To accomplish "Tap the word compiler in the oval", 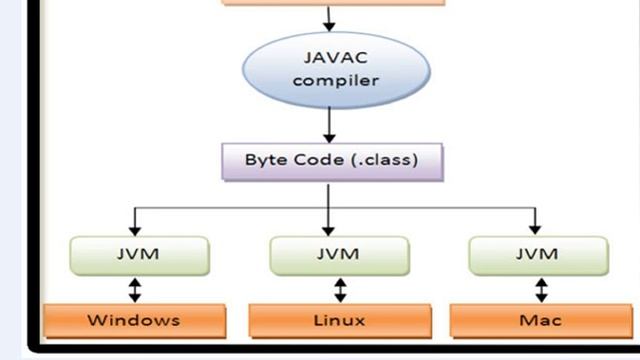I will pyautogui.click(x=336, y=81).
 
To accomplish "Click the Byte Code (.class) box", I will pyautogui.click(x=332, y=160).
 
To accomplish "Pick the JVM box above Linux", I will pyautogui.click(x=337, y=255).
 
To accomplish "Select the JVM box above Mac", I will pyautogui.click(x=537, y=255).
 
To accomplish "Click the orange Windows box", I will pyautogui.click(x=133, y=320).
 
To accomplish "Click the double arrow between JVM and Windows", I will pyautogui.click(x=135, y=290).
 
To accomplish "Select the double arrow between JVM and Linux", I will pyautogui.click(x=340, y=290).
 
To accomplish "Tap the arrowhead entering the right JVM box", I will pyautogui.click(x=536, y=229).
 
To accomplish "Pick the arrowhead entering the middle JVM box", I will pyautogui.click(x=330, y=229).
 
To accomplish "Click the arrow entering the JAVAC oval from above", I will pyautogui.click(x=329, y=18).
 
